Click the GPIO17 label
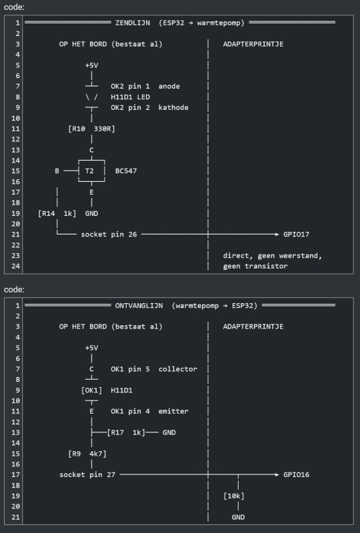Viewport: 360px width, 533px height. [296, 235]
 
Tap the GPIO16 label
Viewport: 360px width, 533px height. [296, 474]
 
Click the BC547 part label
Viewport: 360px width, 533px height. [126, 171]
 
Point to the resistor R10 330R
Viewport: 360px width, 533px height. [91, 129]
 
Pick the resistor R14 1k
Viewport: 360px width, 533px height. [57, 213]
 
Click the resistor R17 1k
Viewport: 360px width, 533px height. [126, 432]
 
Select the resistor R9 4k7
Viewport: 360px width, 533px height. [87, 454]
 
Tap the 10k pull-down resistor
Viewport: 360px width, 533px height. [234, 496]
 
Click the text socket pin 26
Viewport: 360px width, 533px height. [109, 235]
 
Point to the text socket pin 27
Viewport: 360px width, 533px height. [87, 474]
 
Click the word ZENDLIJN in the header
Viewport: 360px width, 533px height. [133, 23]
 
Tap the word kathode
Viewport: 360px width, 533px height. [173, 107]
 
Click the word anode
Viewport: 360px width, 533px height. [169, 87]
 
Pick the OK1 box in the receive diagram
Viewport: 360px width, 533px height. [91, 390]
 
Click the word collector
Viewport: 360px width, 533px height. [177, 369]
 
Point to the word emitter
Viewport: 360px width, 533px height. [173, 411]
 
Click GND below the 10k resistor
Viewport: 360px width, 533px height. [238, 517]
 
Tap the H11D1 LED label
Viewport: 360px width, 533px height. [130, 97]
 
